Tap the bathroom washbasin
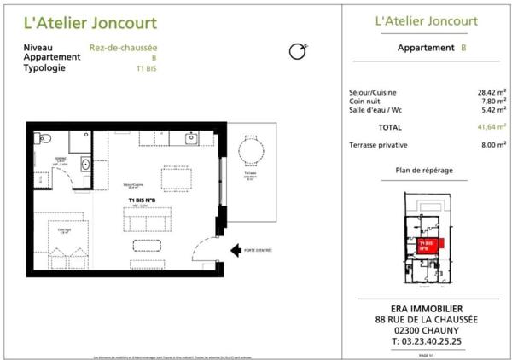(x=86, y=164)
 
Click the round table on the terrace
(x=250, y=153)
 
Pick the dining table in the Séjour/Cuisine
(x=176, y=177)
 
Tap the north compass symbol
(x=297, y=52)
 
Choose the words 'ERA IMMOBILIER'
(x=421, y=308)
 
